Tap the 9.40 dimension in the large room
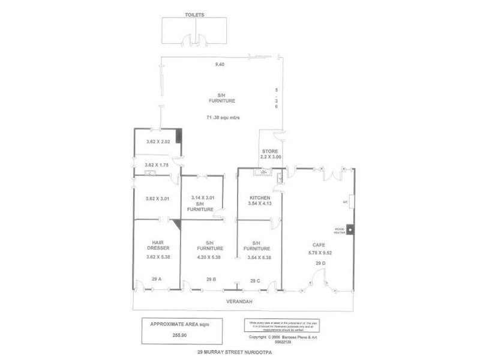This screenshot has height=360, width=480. tap(220, 64)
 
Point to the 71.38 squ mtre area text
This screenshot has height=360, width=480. tap(223, 118)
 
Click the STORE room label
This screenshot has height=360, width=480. tap(268, 151)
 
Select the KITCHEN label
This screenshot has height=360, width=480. tap(260, 198)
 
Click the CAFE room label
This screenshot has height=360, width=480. tap(319, 245)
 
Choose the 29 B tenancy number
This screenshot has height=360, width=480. tap(211, 280)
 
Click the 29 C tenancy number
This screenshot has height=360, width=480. tap(256, 280)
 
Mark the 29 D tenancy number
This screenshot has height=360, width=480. tap(319, 263)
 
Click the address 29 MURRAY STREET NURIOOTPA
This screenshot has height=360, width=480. tap(235, 353)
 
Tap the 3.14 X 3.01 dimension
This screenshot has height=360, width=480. tap(203, 198)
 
